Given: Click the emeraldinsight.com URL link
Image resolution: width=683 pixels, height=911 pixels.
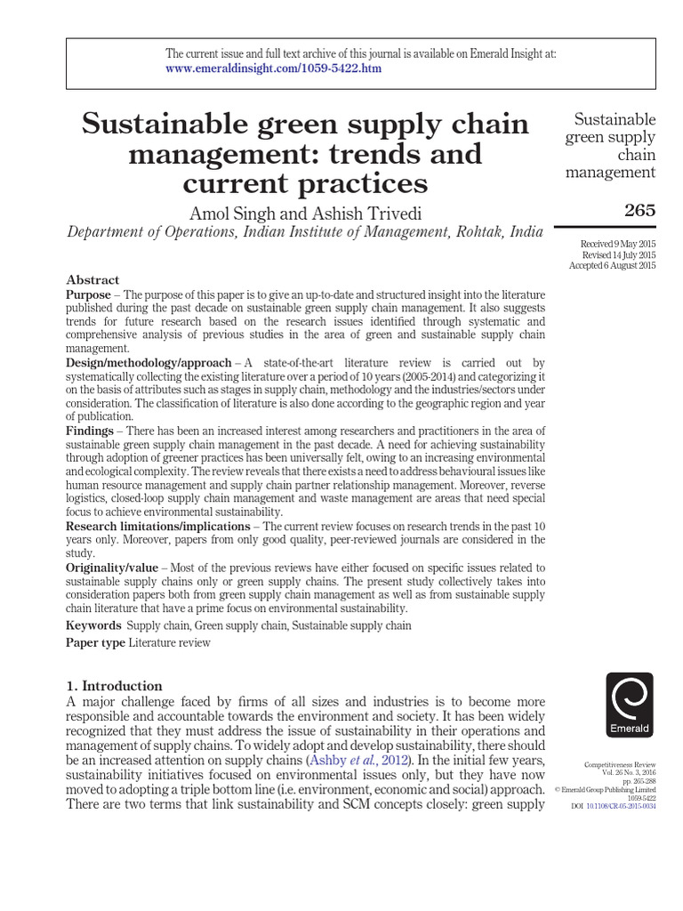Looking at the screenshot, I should click(274, 69).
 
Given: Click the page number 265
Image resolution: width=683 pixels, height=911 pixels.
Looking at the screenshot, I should click(639, 211).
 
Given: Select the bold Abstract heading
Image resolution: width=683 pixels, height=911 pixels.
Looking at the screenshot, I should click(92, 279).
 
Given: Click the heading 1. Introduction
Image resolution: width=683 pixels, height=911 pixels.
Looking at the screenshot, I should click(116, 686).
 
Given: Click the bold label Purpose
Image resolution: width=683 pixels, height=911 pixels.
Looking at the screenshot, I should click(92, 294).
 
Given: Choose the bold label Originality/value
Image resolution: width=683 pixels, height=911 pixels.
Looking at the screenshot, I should click(111, 568).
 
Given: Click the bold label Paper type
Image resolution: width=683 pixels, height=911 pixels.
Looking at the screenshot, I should click(96, 643).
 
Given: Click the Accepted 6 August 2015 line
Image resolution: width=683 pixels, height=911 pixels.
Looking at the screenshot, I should click(613, 266).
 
